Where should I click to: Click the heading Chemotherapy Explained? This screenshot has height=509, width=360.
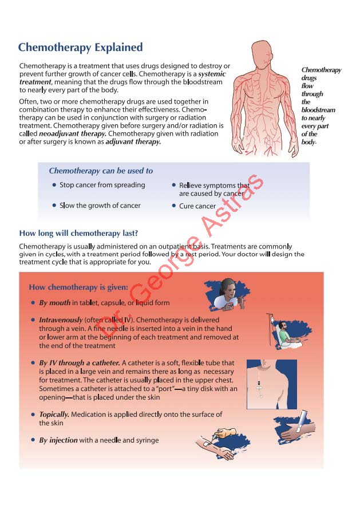[80, 48]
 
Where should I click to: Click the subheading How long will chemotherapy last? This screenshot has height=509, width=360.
[78, 233]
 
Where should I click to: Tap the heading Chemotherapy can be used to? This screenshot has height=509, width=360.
[101, 171]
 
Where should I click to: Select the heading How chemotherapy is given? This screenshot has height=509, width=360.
[78, 287]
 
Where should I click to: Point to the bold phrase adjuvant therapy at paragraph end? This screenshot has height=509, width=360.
[133, 141]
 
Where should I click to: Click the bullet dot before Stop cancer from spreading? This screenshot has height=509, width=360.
[54, 186]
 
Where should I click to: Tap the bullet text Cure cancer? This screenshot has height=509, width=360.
[197, 206]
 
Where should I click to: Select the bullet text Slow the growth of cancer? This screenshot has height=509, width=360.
[100, 206]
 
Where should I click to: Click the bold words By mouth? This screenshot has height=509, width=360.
[55, 303]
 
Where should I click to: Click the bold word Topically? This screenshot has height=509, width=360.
[55, 414]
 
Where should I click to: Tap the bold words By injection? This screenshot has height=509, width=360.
[58, 440]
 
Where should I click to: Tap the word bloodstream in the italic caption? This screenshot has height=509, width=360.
[318, 110]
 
